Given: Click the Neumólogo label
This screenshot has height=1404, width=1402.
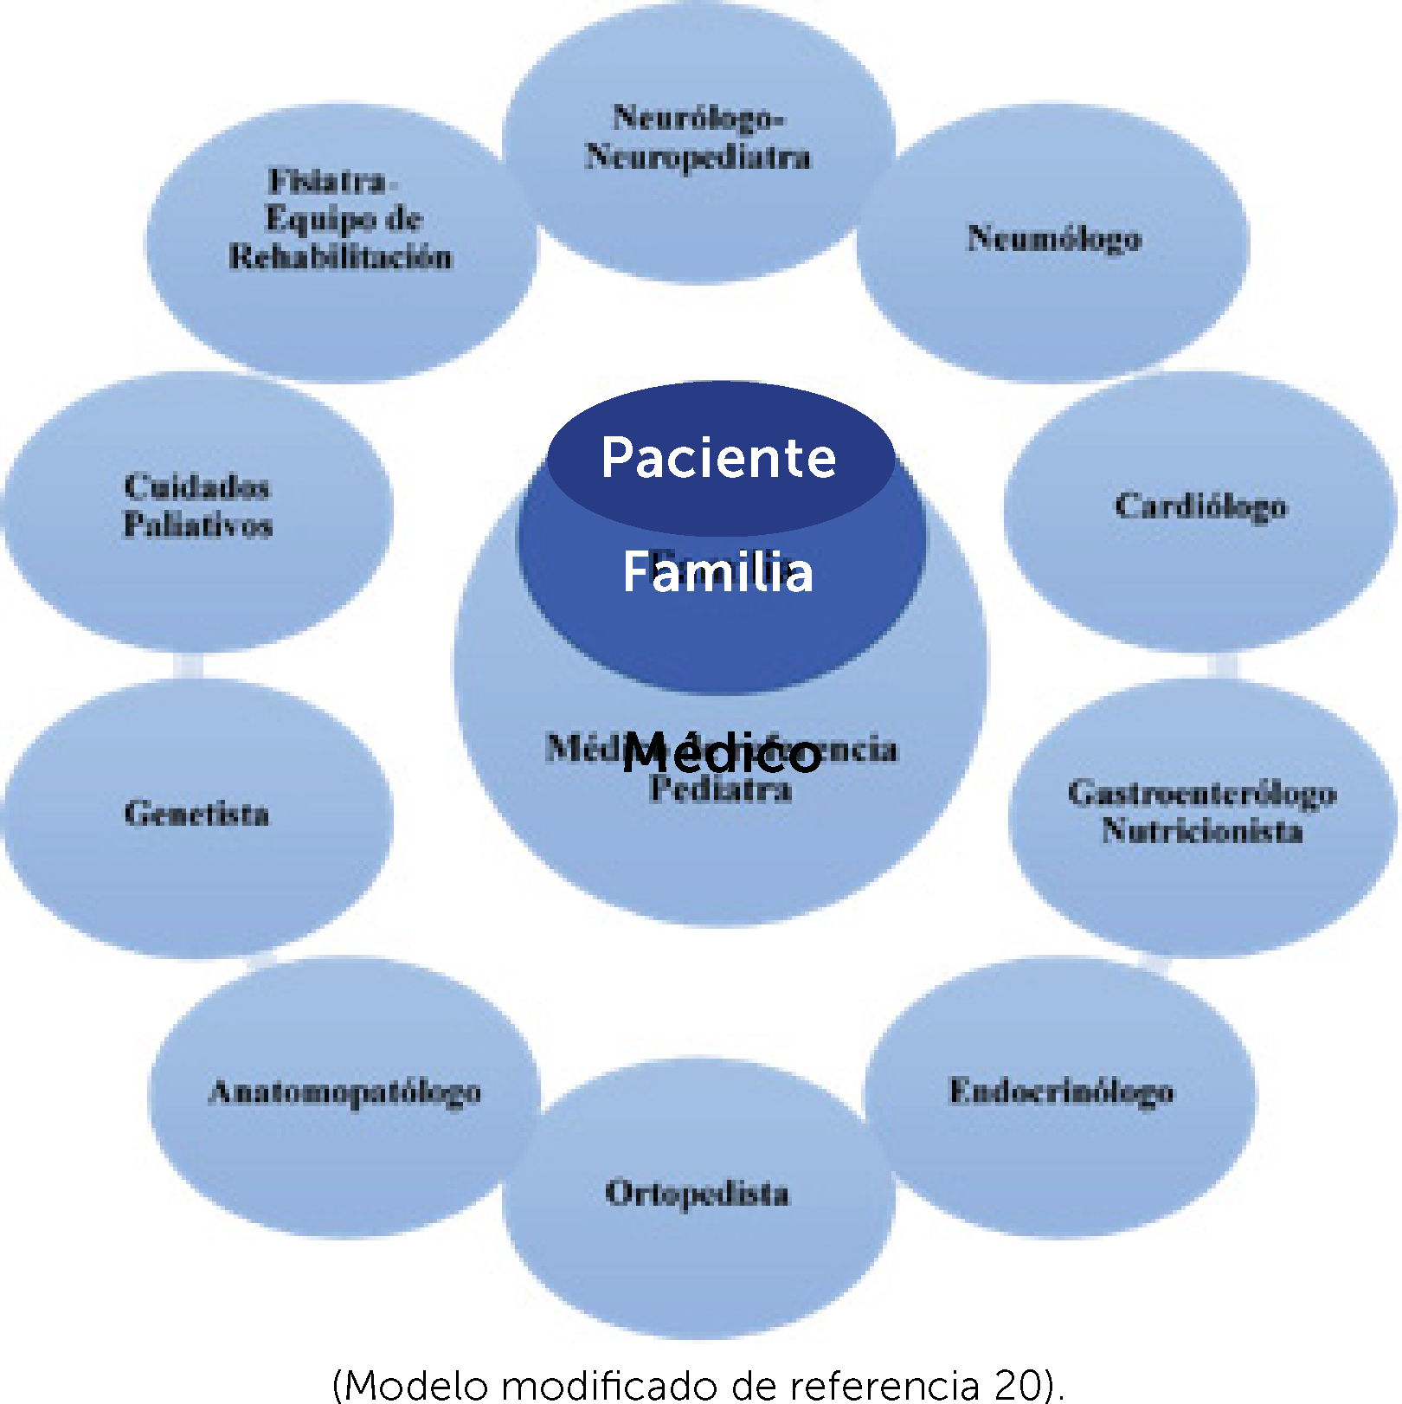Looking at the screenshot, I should coord(1053,238).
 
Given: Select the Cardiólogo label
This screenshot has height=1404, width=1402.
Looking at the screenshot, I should coord(1200,506).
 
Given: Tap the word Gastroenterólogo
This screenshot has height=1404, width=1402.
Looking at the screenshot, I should coord(1202,793).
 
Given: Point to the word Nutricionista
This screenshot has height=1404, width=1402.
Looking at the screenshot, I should coord(1202,831).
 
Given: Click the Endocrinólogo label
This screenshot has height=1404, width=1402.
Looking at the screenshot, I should coord(1061,1092).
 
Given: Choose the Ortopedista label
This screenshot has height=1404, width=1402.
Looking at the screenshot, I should coord(697,1194).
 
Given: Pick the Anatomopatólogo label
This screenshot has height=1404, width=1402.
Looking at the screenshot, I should coord(344,1092).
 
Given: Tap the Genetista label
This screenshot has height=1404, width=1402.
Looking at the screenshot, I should coord(196,814).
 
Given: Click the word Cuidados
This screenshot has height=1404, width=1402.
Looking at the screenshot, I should coord(196,486).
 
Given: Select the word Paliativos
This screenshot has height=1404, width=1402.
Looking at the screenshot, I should coord(198,525).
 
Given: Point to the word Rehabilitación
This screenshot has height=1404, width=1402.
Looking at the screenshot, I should coord(340,257).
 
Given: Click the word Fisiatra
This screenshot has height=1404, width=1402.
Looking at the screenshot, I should coord(327,181).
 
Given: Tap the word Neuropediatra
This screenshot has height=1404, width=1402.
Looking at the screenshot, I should coord(698,158).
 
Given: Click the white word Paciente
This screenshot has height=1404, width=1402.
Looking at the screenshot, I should coord(718,457).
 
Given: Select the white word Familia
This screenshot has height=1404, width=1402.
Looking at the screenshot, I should coord(718,572).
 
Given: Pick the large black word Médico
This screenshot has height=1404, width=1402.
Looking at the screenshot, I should coord(721,752).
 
